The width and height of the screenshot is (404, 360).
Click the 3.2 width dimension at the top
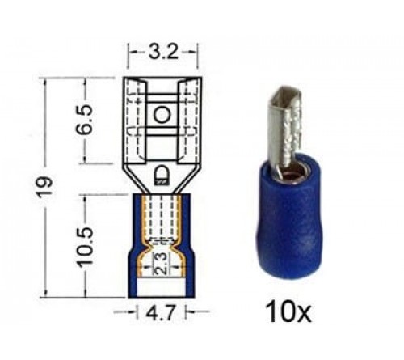tap(162, 54)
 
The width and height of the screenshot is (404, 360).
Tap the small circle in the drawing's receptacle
tap(162, 115)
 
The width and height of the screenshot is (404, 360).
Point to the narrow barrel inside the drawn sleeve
tap(162, 218)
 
